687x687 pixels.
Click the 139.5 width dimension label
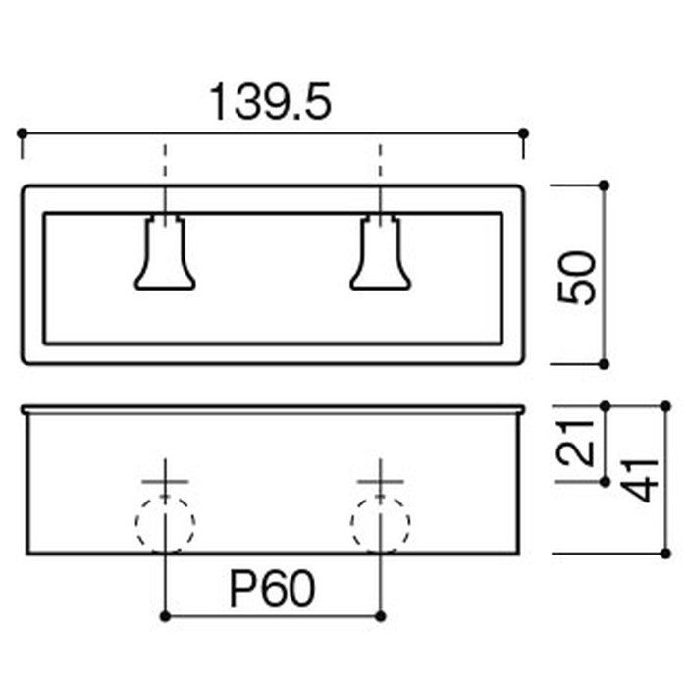(270, 102)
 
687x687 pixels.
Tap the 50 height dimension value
(577, 278)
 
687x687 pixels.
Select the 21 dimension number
(575, 443)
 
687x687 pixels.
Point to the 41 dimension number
(640, 481)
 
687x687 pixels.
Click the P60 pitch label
(272, 588)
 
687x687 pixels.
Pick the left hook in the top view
(165, 252)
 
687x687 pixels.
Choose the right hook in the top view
(381, 252)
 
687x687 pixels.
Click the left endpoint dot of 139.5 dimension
(22, 132)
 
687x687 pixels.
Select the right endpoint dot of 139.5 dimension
(523, 132)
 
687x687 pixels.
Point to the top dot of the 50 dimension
(604, 185)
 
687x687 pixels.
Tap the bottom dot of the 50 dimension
(604, 364)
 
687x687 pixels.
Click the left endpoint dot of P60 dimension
(165, 616)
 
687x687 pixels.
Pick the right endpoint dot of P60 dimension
(381, 616)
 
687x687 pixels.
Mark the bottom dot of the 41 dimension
(665, 554)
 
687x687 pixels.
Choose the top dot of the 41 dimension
(665, 406)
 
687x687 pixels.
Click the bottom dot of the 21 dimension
(606, 482)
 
